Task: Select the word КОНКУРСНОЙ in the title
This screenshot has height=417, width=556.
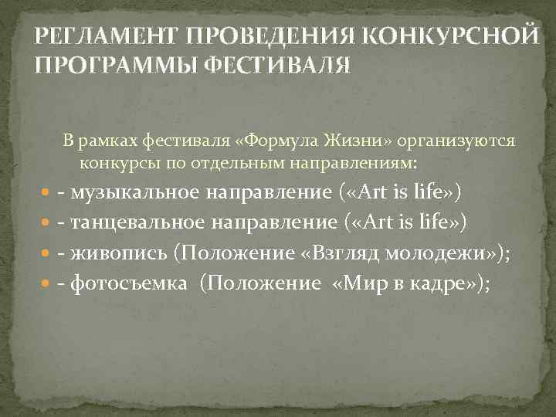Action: [449, 36]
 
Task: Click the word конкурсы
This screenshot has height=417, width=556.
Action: [112, 163]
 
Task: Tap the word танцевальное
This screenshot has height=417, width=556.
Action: [138, 222]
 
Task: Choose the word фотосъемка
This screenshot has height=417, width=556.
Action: [128, 284]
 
